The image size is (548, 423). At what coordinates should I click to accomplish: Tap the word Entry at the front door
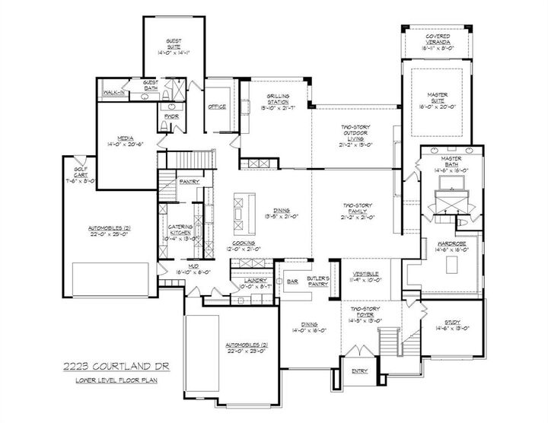358,371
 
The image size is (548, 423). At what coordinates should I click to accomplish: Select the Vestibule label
367,275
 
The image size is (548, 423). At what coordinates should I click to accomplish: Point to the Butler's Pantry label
317,281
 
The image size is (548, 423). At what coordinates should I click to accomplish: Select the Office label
217,107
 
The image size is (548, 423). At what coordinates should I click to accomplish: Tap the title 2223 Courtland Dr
115,367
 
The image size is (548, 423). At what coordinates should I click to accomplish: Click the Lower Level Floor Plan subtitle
115,380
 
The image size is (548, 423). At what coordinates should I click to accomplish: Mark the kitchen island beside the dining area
241,211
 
